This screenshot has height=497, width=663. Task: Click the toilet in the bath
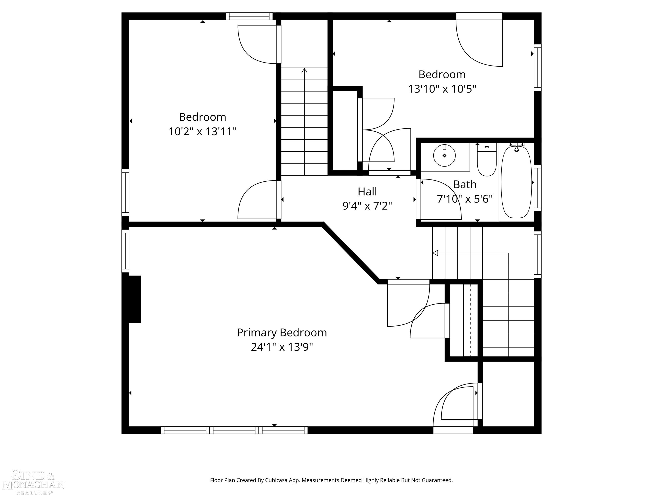[x=486, y=159]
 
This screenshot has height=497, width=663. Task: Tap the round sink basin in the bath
[x=445, y=156]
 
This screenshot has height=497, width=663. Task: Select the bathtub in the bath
[x=516, y=182]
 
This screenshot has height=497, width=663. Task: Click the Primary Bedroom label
[x=282, y=333]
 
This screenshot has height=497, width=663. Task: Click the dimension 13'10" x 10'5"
[x=442, y=89]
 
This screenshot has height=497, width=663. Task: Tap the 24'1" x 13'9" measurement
[x=282, y=347]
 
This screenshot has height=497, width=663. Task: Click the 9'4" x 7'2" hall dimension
[x=367, y=206]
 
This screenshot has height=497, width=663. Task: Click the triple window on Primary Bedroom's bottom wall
[x=234, y=430]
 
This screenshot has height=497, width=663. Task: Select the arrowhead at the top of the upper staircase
[x=305, y=71]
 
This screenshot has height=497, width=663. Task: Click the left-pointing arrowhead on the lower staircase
[x=436, y=253]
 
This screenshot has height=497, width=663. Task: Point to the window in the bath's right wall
[x=538, y=188]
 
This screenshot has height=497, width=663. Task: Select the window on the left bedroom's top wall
[x=249, y=16]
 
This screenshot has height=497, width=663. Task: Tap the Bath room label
[x=465, y=184]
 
